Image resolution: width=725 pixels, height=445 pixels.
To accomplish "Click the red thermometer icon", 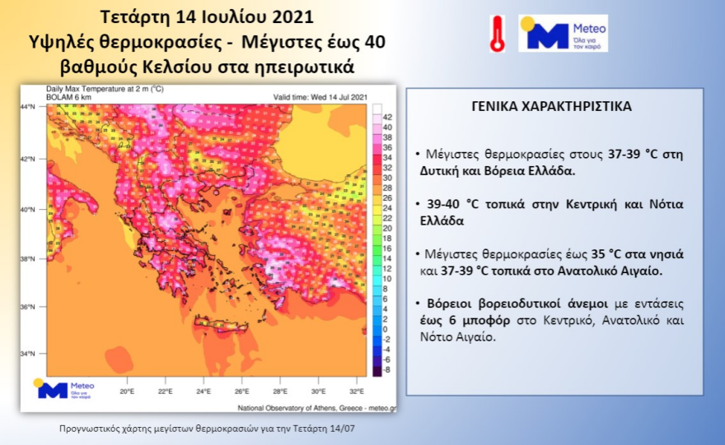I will [x=498, y=34].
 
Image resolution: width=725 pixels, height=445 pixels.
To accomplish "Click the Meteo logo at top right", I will [x=563, y=33].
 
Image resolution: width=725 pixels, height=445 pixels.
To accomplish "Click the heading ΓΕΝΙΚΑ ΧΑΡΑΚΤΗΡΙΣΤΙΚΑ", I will [x=552, y=107].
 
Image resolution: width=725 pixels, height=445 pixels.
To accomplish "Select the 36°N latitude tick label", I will [x=29, y=307].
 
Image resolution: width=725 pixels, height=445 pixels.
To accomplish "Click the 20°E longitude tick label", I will [x=126, y=392].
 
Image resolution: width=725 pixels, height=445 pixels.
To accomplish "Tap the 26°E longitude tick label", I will [x=241, y=392].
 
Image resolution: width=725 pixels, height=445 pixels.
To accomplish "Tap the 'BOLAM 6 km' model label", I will [x=66, y=97].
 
